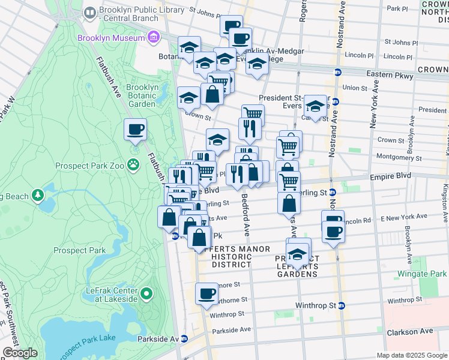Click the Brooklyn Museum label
click(x=111, y=38)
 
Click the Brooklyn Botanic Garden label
click(x=142, y=95)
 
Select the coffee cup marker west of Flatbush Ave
click(x=135, y=129)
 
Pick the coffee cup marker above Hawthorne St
click(x=207, y=294)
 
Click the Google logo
click(x=20, y=353)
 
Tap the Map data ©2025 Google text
click(x=411, y=355)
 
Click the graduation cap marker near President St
click(x=315, y=106)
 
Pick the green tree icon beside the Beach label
click(x=38, y=196)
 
